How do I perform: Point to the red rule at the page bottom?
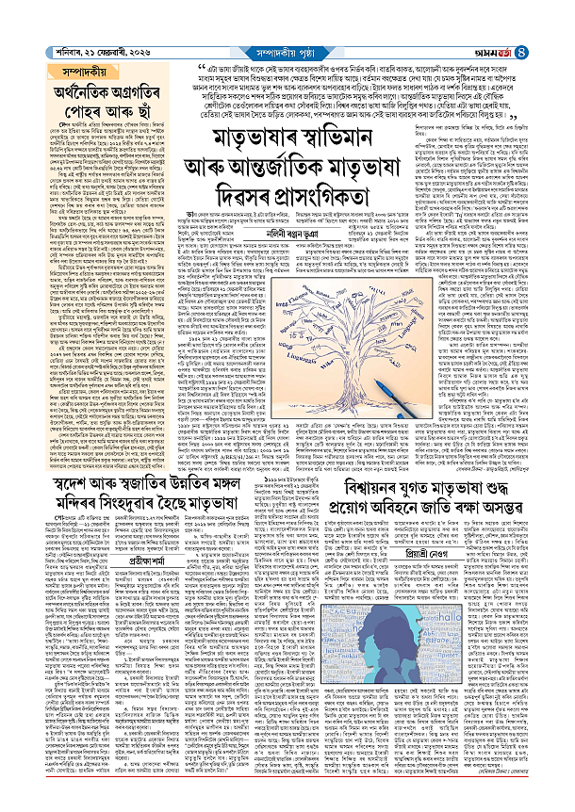[287, 805]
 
